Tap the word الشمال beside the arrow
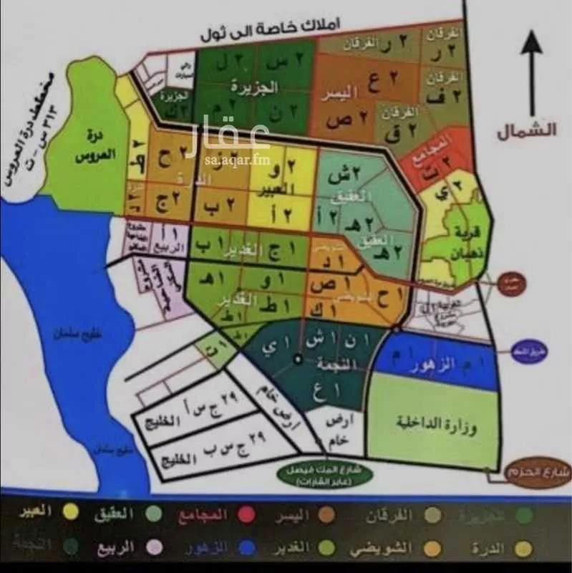click(x=535, y=131)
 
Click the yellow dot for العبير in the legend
click(x=69, y=512)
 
